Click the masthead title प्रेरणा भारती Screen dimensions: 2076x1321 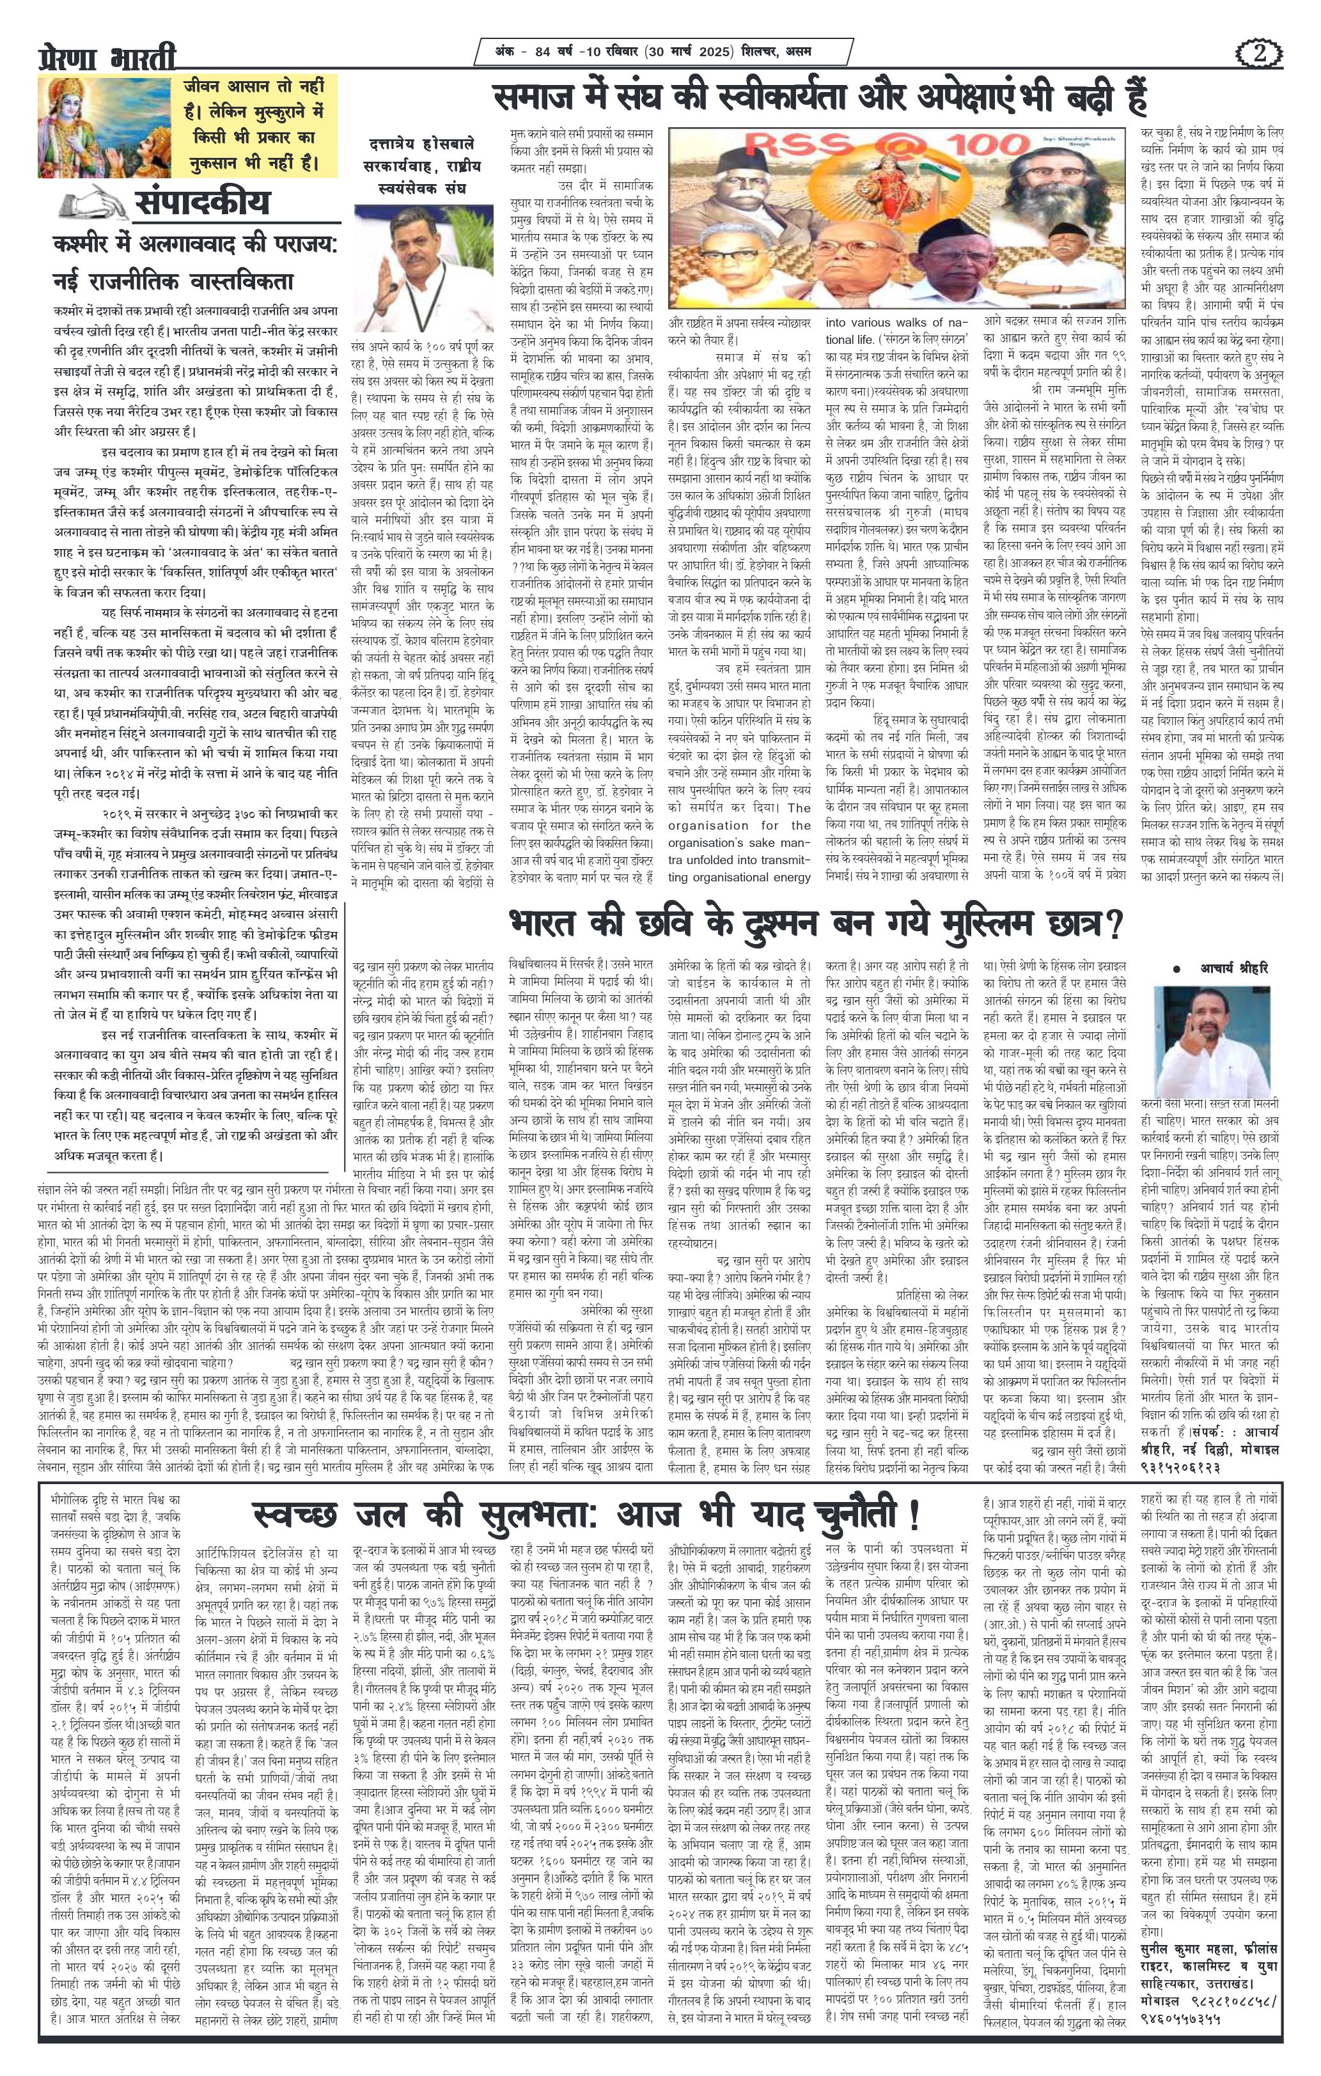pyautogui.click(x=106, y=57)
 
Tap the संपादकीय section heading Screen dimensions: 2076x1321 pyautogui.click(x=202, y=203)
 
